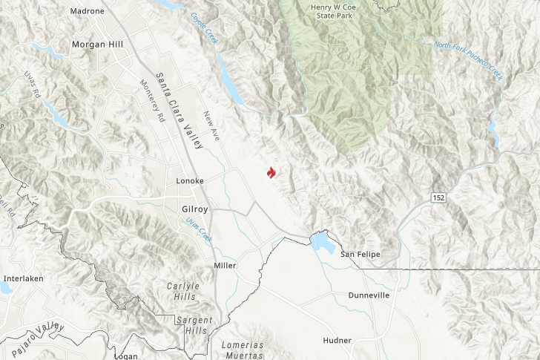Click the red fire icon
[x=271, y=173]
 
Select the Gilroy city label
[x=194, y=209]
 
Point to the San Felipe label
[x=360, y=255]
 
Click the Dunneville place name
[x=369, y=295]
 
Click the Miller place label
[x=224, y=265]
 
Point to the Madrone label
[x=87, y=11]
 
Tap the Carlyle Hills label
[x=183, y=291]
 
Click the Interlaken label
[x=24, y=278]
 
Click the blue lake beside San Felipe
[x=321, y=242]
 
